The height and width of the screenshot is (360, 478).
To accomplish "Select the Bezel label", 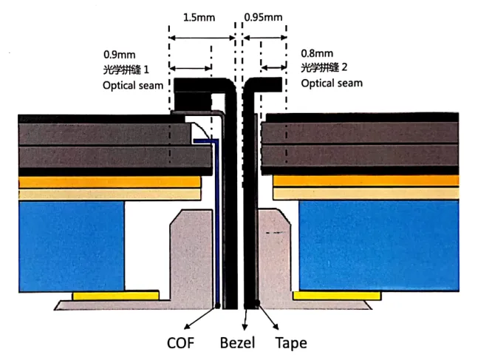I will click(237, 343).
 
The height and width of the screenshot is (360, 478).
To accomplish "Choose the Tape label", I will click(290, 343).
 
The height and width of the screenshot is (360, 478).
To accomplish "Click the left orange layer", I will click(110, 181).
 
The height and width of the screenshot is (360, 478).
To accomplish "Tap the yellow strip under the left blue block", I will click(115, 295).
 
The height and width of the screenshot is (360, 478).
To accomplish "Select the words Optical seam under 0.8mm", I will click(332, 83).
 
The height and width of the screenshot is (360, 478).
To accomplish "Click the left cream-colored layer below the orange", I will click(110, 194).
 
